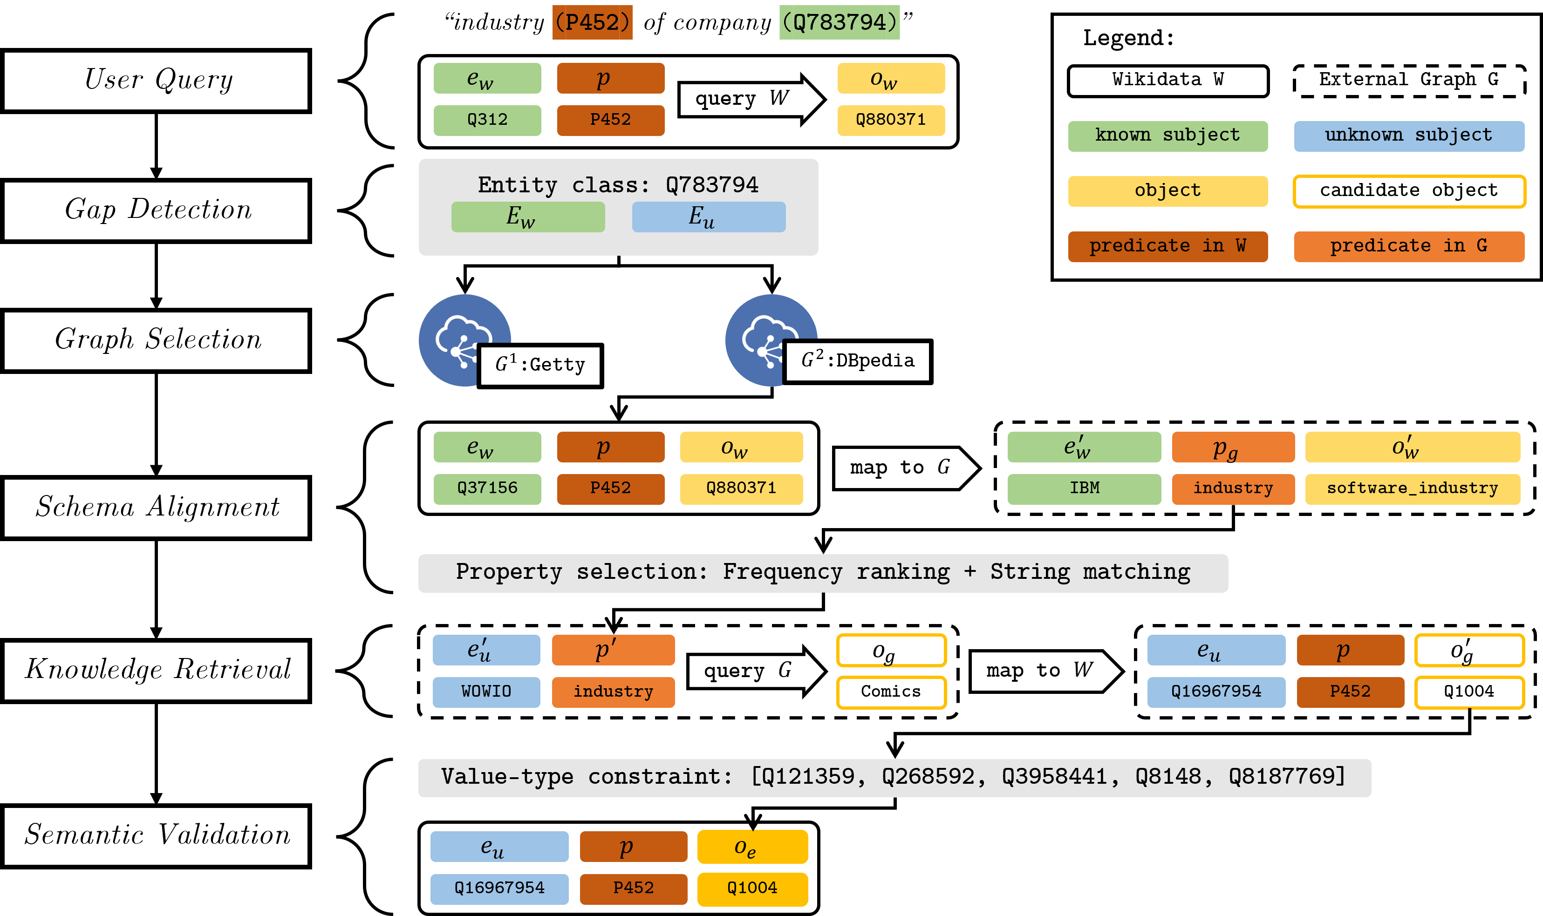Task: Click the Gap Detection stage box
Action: (156, 210)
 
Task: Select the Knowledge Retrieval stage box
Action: (156, 670)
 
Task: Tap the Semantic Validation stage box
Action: (156, 836)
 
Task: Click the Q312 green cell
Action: (487, 120)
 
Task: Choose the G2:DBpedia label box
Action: (858, 361)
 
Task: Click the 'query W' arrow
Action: (752, 99)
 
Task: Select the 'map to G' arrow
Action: (907, 468)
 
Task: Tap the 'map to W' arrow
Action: (1046, 671)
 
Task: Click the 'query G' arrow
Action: (757, 672)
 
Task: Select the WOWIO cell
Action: (486, 692)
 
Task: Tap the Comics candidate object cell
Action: (891, 692)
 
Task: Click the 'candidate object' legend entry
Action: (1409, 191)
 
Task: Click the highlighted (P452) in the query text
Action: (592, 23)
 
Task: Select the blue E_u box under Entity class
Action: (709, 217)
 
